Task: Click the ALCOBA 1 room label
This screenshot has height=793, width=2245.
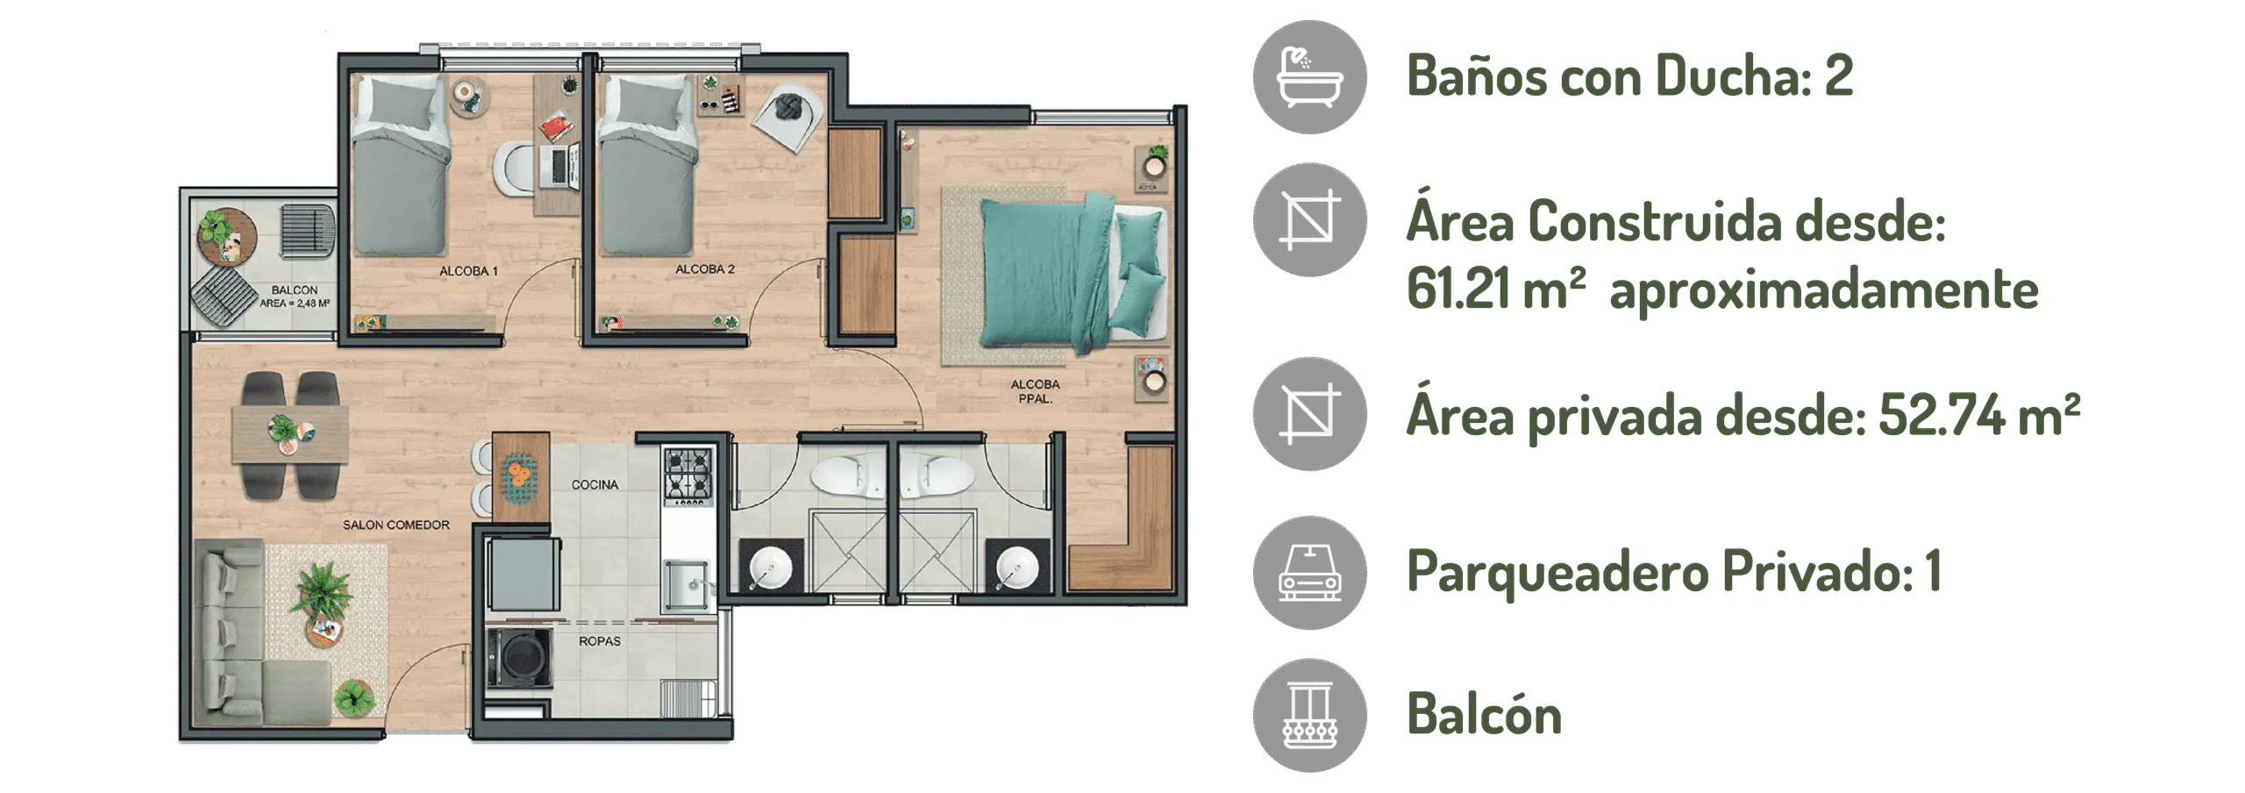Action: click(468, 271)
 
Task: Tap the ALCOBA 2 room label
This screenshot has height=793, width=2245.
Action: click(705, 269)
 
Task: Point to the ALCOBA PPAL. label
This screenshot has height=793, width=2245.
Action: click(1035, 391)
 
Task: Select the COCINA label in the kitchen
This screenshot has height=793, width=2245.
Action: click(595, 484)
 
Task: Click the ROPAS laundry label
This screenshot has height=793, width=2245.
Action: click(600, 641)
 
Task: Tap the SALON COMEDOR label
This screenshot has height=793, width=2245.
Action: click(396, 525)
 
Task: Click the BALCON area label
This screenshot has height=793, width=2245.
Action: click(295, 296)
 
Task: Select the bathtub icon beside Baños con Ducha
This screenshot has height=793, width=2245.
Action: click(1309, 77)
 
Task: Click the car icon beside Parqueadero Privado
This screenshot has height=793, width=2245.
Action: click(1309, 573)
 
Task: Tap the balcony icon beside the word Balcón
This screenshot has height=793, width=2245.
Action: click(1309, 716)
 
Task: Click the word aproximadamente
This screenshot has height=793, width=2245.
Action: click(1824, 290)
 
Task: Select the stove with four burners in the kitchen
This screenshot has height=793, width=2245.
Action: click(688, 476)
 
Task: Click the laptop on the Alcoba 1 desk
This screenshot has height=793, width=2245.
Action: click(562, 167)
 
